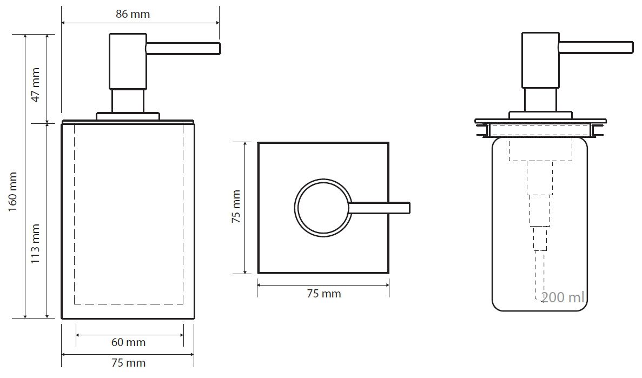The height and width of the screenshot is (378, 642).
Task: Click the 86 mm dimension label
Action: point(133,15)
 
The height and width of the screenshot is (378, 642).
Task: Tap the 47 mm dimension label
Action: point(36,85)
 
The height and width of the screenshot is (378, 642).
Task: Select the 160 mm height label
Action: point(12,191)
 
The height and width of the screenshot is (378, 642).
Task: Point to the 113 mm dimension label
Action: point(36,244)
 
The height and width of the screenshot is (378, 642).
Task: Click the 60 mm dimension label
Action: point(129,342)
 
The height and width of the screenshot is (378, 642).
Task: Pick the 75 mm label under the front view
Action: point(129,363)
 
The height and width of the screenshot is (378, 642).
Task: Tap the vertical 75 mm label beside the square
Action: point(236,207)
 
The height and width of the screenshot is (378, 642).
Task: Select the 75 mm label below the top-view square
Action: point(324,294)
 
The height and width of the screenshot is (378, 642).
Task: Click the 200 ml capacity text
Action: point(562,297)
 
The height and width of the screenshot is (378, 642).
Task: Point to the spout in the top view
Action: point(379,208)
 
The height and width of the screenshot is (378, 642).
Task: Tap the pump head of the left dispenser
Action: point(128,62)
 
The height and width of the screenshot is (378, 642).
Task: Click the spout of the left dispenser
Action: point(183,48)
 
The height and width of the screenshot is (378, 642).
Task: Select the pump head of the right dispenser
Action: point(540,60)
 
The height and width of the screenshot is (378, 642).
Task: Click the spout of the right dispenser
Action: point(596,48)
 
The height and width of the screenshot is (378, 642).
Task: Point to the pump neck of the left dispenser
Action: point(128,101)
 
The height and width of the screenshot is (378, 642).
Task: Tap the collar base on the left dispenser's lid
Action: point(128,116)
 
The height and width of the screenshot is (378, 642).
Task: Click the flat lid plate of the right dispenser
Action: point(540,121)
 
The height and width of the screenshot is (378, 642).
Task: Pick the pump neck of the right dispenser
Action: point(540,100)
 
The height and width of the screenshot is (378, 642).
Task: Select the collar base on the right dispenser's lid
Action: point(540,115)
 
